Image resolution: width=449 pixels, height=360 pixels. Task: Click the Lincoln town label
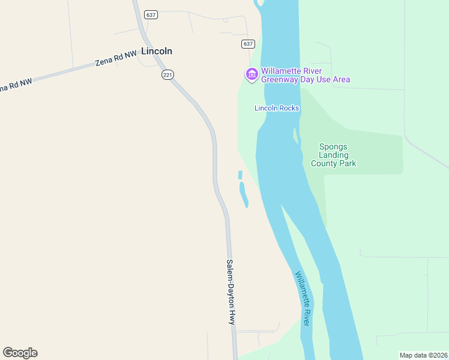(x=157, y=52)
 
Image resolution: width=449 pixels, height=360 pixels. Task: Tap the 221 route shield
(x=167, y=74)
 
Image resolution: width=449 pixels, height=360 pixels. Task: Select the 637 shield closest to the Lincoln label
(x=151, y=14)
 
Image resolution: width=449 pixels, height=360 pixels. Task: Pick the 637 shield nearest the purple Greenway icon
(x=249, y=44)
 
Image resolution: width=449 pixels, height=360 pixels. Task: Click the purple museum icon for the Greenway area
(x=252, y=74)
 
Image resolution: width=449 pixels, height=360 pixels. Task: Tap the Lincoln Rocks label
(x=277, y=108)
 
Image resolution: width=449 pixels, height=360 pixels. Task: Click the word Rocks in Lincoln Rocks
(x=289, y=108)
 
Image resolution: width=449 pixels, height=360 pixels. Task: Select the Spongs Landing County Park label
(x=333, y=155)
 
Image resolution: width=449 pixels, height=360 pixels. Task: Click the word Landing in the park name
(x=333, y=155)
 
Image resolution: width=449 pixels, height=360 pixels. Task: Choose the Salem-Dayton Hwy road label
(x=231, y=292)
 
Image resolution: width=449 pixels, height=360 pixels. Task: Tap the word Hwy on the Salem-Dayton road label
(x=232, y=318)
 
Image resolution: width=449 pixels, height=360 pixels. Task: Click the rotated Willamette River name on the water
(x=302, y=299)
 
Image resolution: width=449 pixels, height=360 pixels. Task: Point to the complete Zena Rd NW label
(x=116, y=59)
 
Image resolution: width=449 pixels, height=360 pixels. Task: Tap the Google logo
(x=20, y=353)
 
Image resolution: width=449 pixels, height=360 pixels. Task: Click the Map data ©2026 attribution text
(x=423, y=355)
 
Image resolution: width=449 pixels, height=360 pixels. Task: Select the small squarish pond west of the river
(x=240, y=175)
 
